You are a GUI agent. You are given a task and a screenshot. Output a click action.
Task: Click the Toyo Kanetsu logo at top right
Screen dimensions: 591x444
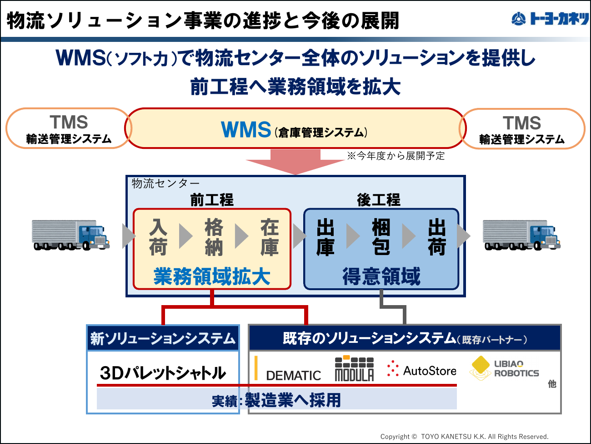(x=550, y=19)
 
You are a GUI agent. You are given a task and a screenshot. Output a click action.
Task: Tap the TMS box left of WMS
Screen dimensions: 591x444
(x=69, y=128)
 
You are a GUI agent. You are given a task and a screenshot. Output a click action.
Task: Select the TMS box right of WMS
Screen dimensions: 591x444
(x=522, y=129)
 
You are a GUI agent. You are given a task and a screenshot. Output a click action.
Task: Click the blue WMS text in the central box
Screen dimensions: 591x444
(x=245, y=130)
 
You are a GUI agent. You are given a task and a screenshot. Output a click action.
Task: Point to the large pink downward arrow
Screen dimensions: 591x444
(x=295, y=162)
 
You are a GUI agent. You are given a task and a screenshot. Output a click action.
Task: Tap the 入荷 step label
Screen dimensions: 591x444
(x=158, y=237)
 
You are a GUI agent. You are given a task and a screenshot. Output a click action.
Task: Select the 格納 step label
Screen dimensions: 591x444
(x=214, y=237)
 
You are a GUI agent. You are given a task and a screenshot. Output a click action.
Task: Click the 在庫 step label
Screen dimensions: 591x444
(x=270, y=237)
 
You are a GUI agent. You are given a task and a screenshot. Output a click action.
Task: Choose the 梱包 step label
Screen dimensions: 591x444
(x=381, y=237)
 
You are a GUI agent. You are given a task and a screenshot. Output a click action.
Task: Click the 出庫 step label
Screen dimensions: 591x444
(x=326, y=237)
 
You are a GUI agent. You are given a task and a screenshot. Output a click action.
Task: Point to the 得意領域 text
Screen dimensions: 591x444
(x=381, y=276)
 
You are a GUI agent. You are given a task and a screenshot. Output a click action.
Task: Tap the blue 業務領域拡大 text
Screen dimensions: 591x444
(x=212, y=276)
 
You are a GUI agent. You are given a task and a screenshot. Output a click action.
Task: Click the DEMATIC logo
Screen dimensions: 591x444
(x=288, y=369)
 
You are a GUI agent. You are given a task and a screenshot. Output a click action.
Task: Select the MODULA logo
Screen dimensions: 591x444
(x=354, y=368)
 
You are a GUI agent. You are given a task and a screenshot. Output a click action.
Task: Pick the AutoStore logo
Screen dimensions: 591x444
(x=421, y=369)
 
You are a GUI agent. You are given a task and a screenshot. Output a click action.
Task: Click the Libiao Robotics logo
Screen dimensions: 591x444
(x=504, y=368)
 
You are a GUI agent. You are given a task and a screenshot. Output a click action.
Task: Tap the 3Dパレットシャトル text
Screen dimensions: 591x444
(x=163, y=373)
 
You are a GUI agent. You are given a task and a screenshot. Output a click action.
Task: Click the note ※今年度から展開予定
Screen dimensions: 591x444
(x=396, y=156)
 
